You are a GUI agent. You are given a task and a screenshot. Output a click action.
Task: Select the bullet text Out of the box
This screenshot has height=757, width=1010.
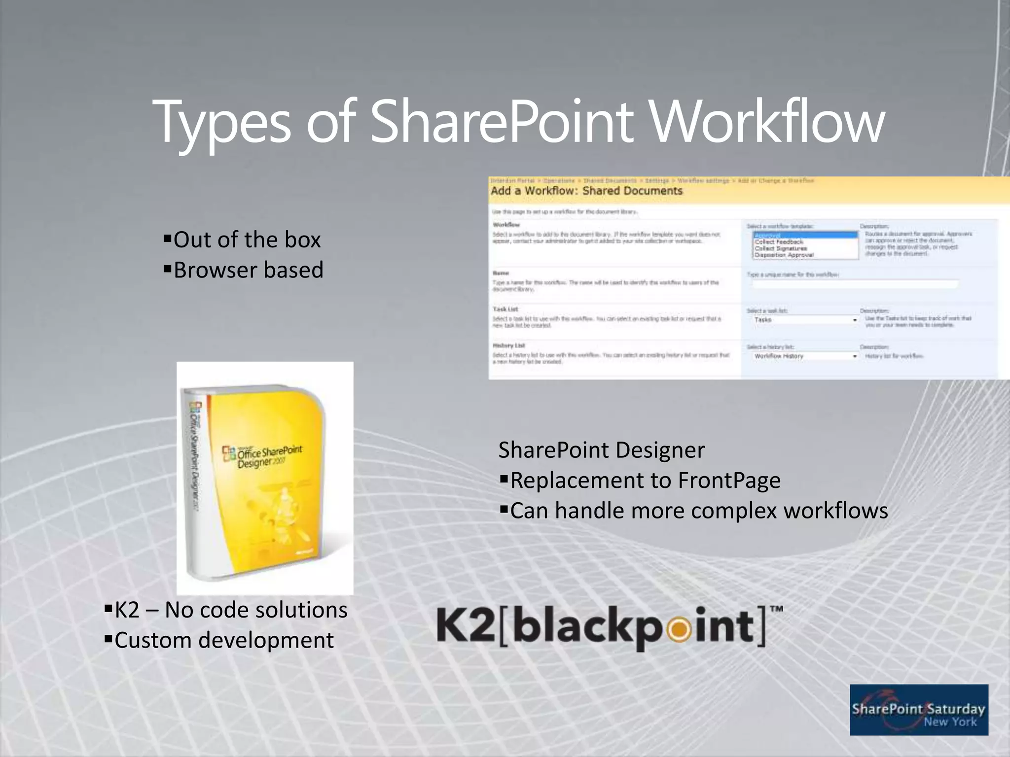247,240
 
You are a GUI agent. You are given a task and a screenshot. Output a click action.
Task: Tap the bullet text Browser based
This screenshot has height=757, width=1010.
248,270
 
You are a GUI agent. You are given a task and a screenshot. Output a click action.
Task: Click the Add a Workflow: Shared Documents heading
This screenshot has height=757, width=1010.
586,191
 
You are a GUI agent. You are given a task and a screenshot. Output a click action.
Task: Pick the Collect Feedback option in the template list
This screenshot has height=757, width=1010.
779,242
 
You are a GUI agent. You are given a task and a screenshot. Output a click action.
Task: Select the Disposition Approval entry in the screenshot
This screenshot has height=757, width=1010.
784,255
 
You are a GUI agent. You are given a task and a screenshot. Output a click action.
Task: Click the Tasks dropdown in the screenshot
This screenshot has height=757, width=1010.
805,320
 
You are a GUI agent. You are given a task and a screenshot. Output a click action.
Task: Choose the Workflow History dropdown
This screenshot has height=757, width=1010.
805,356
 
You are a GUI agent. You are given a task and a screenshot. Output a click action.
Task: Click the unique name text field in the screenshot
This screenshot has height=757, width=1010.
855,284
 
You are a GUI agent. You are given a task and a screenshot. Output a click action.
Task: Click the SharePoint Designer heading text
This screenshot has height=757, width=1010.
601,450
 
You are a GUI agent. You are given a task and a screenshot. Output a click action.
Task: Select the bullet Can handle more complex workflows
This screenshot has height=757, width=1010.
698,511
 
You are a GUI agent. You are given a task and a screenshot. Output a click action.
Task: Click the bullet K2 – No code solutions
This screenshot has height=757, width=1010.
230,610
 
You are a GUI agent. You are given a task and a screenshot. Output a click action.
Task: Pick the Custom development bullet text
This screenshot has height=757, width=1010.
224,641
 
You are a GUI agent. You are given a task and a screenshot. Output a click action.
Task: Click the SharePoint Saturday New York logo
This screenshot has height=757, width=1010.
918,710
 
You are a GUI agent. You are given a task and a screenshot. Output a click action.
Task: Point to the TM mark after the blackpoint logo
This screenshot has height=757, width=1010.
777,610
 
